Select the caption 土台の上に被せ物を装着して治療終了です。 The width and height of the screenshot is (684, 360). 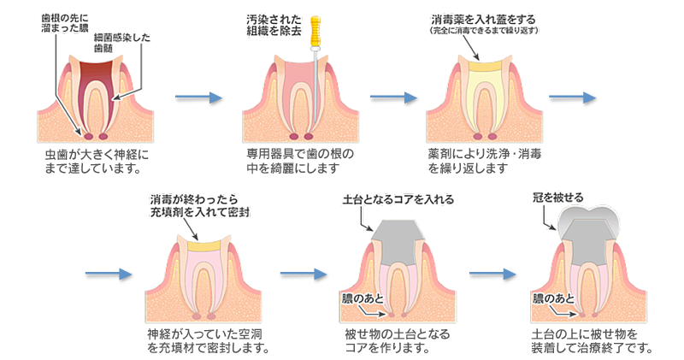592,339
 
